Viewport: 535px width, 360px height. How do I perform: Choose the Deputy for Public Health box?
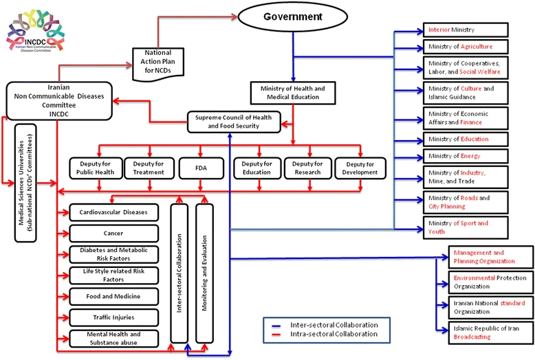[x=94, y=168]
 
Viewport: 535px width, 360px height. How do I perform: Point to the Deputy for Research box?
[x=308, y=168]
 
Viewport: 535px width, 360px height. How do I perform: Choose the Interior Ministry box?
[x=466, y=30]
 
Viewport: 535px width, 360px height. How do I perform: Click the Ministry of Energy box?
[x=466, y=156]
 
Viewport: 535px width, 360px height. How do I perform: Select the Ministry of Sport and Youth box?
[x=466, y=227]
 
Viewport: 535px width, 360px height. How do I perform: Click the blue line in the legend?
[x=275, y=324]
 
